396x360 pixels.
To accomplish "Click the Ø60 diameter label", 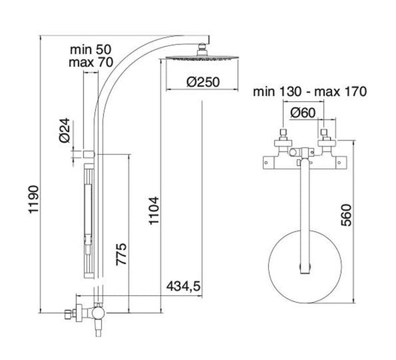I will pos(302,113).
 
